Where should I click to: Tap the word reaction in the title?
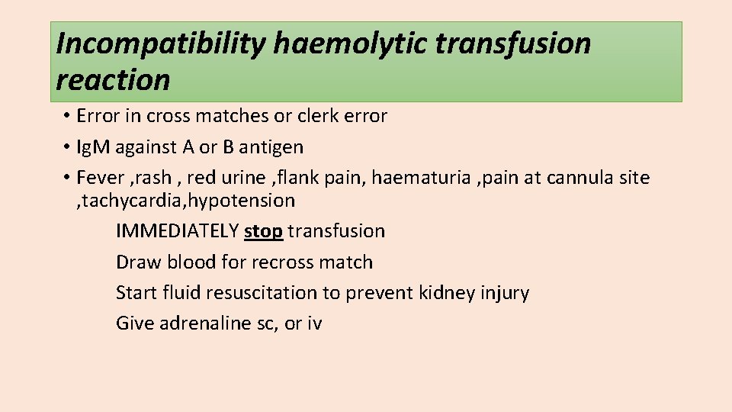coord(113,79)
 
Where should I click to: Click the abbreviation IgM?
coord(114,146)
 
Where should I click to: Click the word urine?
coord(242,178)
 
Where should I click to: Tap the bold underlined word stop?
coord(263,231)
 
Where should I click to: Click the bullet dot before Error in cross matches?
coord(67,117)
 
